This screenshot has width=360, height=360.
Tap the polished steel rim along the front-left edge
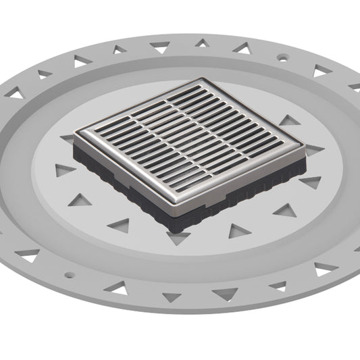pyautogui.click(x=128, y=178)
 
